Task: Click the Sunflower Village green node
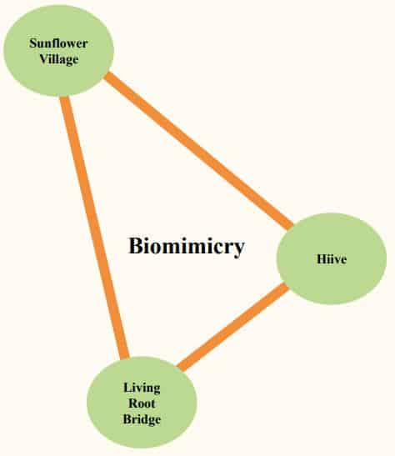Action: coord(58,50)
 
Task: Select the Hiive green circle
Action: coord(332,258)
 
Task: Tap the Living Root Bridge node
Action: coord(142,403)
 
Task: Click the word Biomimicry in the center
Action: coord(186,247)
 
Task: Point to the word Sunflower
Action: coord(58,43)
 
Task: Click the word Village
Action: coord(59,59)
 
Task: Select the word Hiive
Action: coord(332,258)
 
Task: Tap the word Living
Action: coord(142,388)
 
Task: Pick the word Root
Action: coord(142,403)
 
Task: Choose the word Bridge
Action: coord(142,419)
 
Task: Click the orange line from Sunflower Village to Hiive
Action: coord(199,150)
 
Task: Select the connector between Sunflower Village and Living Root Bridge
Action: coord(94,228)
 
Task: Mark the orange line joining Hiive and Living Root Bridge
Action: coord(233,327)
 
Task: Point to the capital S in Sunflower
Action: coord(32,43)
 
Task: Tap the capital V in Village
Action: coord(43,58)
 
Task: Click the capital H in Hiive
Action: coord(322,258)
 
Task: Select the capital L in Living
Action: coord(127,388)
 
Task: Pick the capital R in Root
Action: coord(133,403)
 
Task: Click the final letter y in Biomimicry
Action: coord(239,249)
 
